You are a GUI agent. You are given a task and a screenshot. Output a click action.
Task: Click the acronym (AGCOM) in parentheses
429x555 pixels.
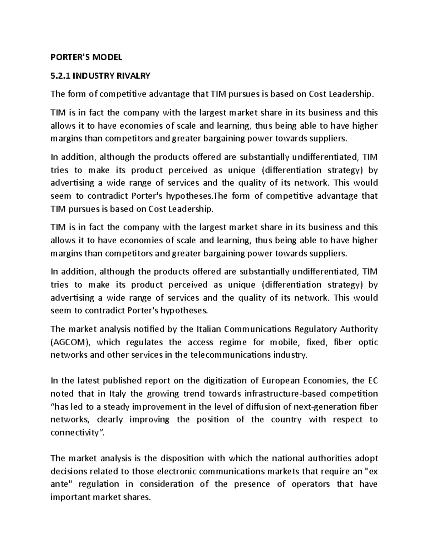pyautogui.click(x=71, y=342)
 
